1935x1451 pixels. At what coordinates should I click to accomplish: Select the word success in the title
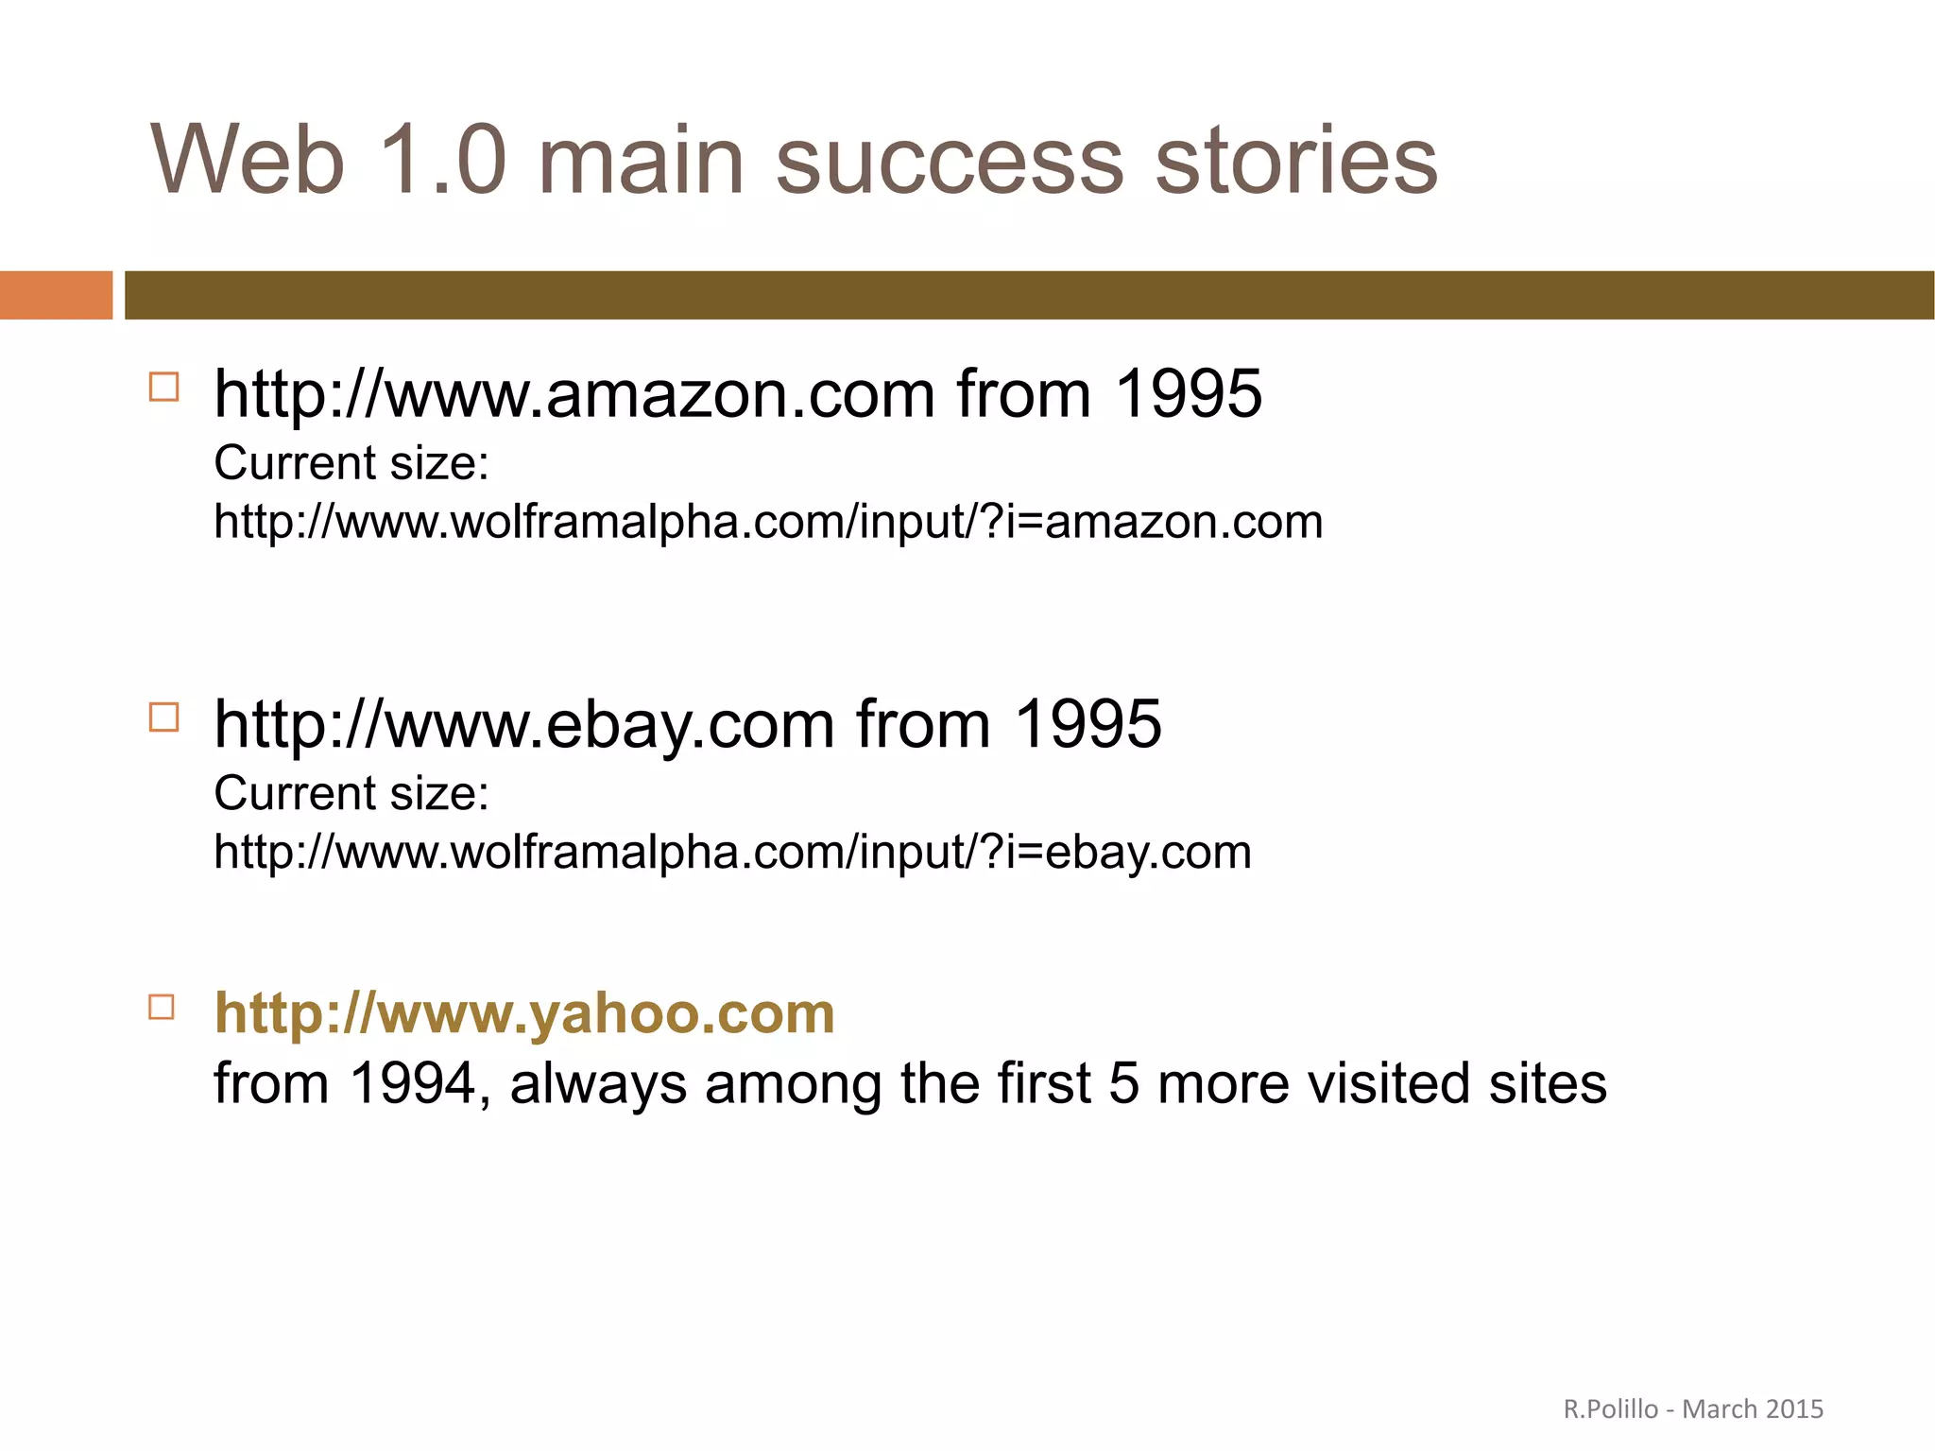point(950,163)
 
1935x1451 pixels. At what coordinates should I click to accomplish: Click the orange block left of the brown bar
point(56,295)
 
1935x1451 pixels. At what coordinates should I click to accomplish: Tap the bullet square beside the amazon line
point(163,388)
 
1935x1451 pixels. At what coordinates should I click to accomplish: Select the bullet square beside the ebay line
point(163,717)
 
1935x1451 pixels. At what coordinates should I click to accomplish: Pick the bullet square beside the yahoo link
point(163,1007)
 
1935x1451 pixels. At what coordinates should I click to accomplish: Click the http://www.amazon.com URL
point(574,394)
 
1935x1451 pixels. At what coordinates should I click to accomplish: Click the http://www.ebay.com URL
point(524,725)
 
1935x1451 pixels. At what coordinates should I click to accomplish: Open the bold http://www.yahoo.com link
point(524,1013)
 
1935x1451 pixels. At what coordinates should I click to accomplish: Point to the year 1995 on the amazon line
point(1188,394)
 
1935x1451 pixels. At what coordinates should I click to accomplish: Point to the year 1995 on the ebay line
point(1087,725)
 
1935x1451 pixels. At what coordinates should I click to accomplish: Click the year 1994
point(413,1083)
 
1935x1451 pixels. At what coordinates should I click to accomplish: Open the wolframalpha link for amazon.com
point(768,522)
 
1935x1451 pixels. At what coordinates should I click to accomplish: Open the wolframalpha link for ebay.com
point(732,852)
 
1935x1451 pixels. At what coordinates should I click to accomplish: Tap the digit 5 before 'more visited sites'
point(1123,1083)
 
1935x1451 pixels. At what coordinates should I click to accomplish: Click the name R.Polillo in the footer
point(1610,1409)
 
